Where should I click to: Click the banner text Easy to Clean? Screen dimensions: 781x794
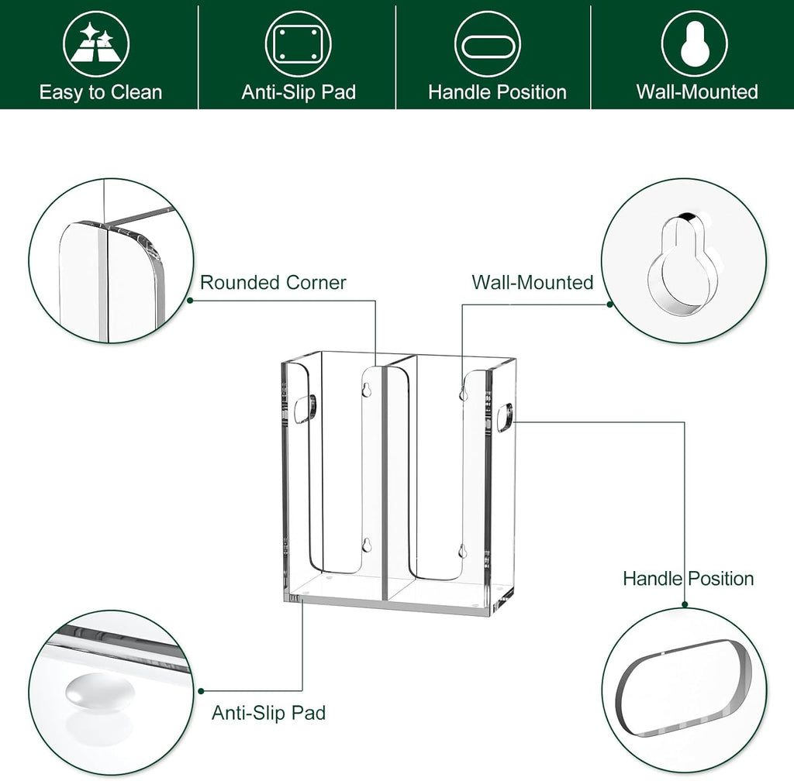(101, 92)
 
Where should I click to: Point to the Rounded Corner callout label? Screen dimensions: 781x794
(273, 282)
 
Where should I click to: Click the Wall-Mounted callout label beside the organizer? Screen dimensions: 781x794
(533, 282)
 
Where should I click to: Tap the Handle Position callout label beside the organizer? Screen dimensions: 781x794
(688, 578)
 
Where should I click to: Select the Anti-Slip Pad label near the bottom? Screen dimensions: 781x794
(268, 713)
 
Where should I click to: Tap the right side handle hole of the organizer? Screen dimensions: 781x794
(504, 419)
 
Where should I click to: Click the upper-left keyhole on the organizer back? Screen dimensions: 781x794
(368, 390)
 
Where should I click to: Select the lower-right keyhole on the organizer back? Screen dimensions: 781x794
(462, 551)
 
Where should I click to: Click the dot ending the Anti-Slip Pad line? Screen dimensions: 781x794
(202, 690)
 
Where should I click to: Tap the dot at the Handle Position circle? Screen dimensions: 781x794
(685, 605)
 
